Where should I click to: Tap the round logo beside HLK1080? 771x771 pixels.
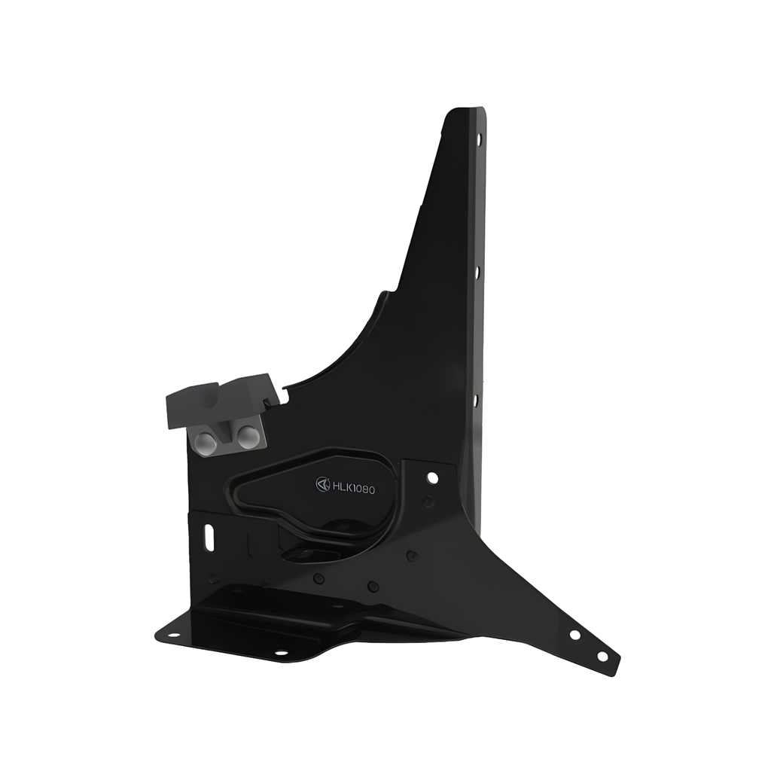(323, 484)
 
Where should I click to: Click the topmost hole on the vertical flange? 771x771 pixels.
(479, 139)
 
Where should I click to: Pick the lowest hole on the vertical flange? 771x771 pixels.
(475, 400)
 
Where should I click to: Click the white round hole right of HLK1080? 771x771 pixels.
(432, 477)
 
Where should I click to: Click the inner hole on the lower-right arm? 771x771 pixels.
(574, 635)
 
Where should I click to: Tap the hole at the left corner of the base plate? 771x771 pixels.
(172, 635)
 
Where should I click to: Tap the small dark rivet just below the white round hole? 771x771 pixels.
(428, 501)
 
